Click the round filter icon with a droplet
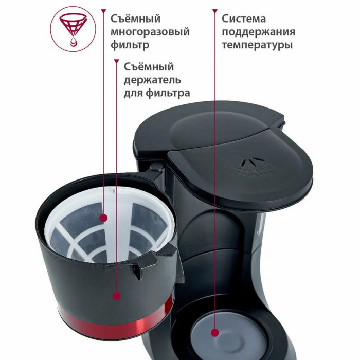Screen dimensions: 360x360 (x=73, y=29)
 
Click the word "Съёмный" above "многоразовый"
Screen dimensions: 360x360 (x=135, y=19)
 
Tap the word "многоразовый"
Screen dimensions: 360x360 (x=150, y=32)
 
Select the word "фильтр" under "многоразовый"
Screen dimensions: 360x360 (x=130, y=45)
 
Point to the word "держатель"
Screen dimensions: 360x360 (x=152, y=80)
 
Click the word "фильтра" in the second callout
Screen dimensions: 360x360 (x=168, y=93)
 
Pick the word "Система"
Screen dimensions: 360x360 (x=244, y=19)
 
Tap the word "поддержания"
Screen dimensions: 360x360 (x=258, y=32)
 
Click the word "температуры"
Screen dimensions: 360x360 (x=257, y=45)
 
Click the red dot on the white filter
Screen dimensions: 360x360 (x=104, y=218)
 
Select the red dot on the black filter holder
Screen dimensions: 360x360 (x=117, y=296)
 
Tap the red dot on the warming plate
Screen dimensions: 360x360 (x=215, y=332)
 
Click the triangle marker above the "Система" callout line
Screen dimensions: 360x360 (x=215, y=11)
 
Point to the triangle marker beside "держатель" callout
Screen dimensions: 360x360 (x=117, y=61)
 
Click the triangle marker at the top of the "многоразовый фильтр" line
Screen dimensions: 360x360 (x=104, y=11)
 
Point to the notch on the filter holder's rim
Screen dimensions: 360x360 (x=139, y=272)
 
